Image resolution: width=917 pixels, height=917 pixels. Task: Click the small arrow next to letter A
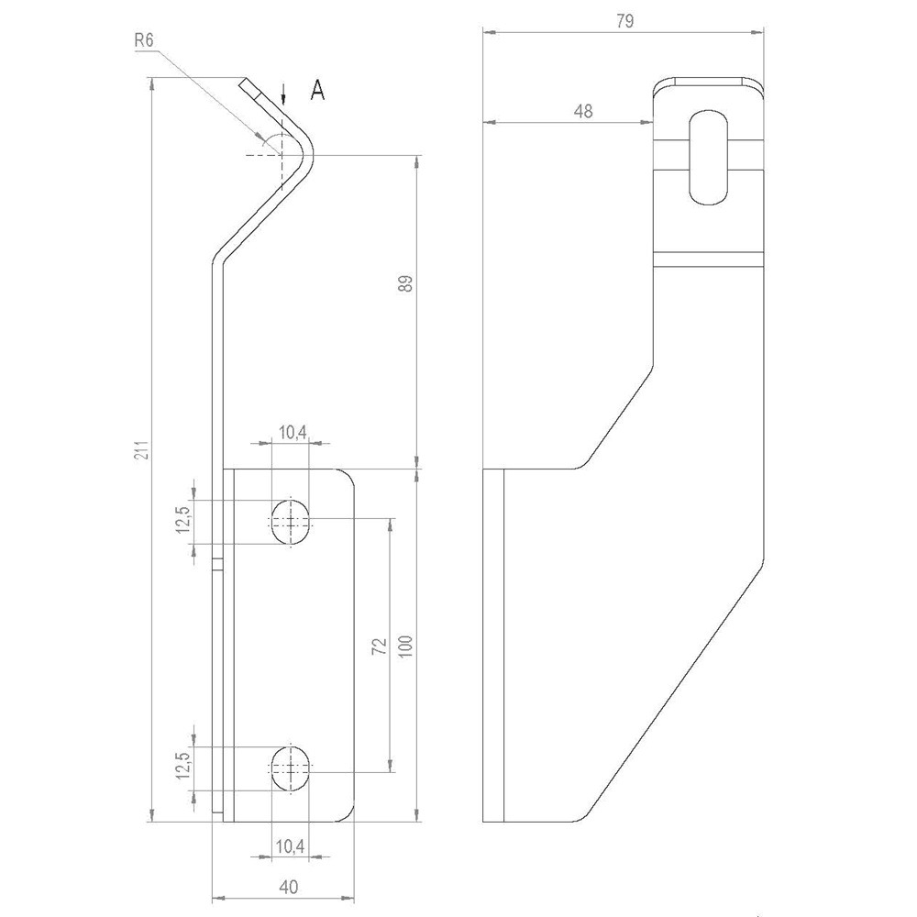tap(284, 93)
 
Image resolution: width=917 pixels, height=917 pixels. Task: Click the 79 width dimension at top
tap(625, 19)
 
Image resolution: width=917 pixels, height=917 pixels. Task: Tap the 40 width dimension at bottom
tap(288, 887)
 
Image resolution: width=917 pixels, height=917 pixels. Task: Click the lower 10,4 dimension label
tap(291, 848)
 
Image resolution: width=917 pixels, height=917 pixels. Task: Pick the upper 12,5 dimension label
tap(184, 520)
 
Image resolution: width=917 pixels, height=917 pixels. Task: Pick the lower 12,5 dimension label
tap(184, 765)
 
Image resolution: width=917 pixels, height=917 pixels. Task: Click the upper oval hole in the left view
tap(291, 523)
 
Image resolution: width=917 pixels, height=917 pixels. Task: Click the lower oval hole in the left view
tap(291, 767)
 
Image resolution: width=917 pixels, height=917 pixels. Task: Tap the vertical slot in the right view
tap(708, 158)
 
